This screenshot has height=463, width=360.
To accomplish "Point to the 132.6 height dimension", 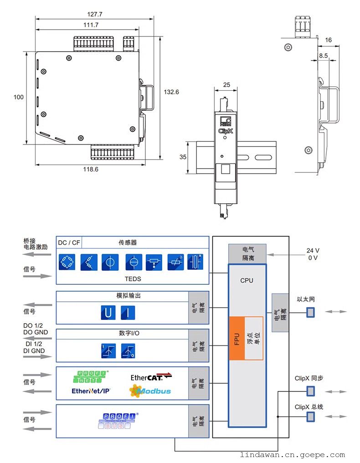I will tap(171, 92).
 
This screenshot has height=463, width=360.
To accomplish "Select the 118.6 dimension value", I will tap(91, 169).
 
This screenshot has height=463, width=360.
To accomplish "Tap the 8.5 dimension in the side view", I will tap(324, 56).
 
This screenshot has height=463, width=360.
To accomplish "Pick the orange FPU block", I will tap(237, 338).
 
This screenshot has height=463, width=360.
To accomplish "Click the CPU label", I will tap(247, 280).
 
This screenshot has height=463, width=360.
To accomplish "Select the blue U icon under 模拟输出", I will tap(108, 314).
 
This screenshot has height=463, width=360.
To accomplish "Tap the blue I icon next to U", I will tap(128, 314).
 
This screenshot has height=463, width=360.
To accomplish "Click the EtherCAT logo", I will tap(151, 377).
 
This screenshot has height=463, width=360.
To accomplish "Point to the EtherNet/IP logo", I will tap(91, 391).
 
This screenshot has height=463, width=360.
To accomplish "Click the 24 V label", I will tap(313, 251).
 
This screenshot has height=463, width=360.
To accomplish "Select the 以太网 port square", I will tap(310, 312).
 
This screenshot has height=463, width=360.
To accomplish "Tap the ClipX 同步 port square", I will tap(310, 391).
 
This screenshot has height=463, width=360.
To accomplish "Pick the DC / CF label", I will tap(69, 243).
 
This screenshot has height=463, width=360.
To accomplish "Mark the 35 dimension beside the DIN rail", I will tap(183, 157).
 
